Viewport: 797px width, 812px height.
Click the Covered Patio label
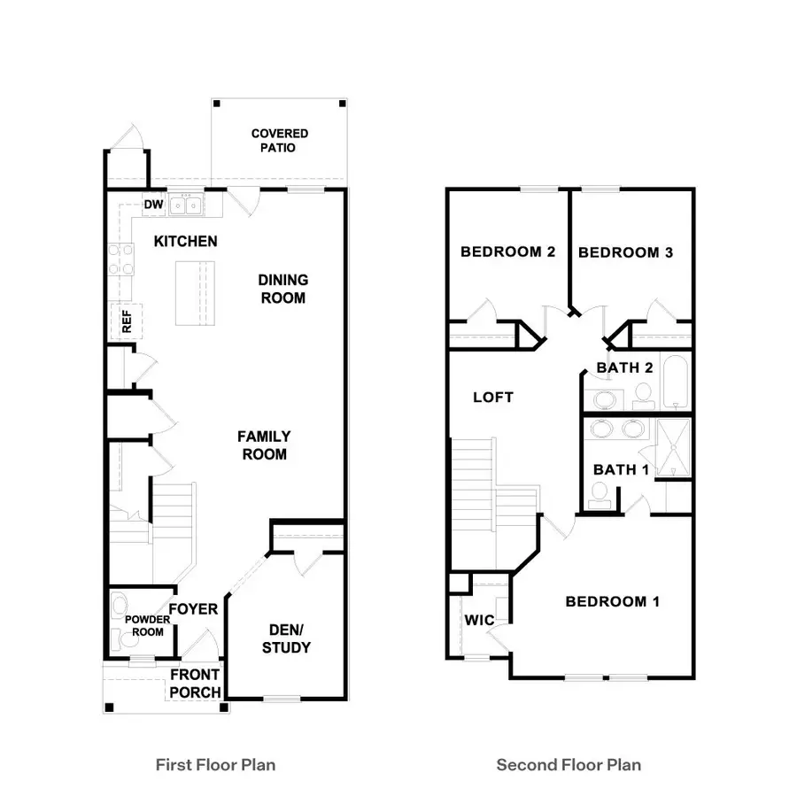coord(279,141)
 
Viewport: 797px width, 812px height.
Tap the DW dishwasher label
coord(153,205)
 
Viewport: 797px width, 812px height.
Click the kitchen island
coord(196,294)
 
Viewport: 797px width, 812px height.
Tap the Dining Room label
coord(282,289)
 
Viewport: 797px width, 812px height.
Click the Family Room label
coord(263,445)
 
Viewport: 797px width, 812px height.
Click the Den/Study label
coord(287,638)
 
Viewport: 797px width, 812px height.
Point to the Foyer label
coord(193,609)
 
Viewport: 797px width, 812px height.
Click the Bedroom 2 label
coord(507,252)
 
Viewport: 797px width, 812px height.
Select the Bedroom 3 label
coord(625,252)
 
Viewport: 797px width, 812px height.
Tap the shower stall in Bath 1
coord(674,447)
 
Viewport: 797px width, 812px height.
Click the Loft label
coord(492,398)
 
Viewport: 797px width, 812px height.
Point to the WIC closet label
coord(479,620)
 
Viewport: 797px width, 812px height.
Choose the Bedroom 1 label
coord(613,602)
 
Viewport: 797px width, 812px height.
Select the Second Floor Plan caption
coord(569,764)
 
